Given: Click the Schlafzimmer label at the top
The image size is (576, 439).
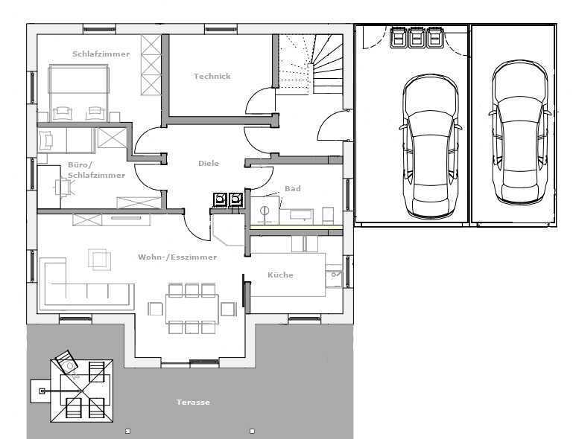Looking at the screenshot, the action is tap(101, 54).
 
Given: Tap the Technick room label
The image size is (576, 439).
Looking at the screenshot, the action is tap(212, 77).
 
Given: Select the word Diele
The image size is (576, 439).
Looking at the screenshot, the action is tap(209, 163).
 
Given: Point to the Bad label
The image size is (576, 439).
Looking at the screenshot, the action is tap(293, 188).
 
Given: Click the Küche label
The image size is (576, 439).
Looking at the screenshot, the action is tap(280, 275).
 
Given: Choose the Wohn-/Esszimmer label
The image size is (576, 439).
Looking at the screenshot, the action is tap(177, 257).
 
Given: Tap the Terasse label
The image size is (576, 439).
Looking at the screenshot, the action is tap(193, 403).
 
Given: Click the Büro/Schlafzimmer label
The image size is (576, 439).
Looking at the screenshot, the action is tap(97, 170).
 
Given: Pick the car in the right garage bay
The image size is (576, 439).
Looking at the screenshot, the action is tap(519, 132).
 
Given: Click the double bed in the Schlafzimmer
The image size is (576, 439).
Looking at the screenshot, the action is tap(78, 92).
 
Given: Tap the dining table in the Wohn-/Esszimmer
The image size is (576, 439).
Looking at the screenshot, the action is tap(192, 309).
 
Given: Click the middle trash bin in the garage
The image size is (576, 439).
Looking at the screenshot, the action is tap(417, 36).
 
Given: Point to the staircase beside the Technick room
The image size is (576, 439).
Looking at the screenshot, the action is tap(311, 64).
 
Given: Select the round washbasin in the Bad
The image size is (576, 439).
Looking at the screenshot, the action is tap(265, 211).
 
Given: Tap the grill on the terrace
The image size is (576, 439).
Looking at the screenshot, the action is tap(66, 362).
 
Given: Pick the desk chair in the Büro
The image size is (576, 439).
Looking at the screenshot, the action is tap(64, 187).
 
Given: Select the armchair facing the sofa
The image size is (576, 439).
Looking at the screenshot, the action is tap(100, 260).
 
